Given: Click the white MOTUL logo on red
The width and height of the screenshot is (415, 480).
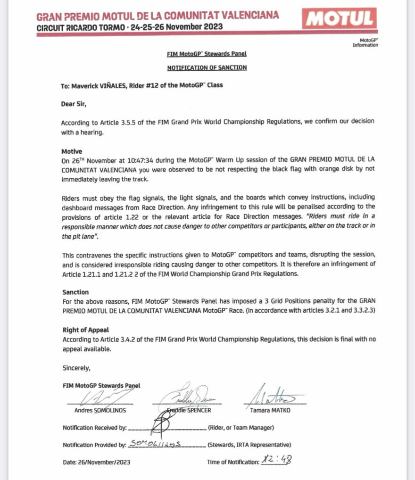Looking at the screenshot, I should (341, 19).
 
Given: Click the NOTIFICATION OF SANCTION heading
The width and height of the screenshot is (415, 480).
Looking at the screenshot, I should (207, 68).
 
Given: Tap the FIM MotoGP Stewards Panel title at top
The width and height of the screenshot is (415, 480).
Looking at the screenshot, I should (207, 54).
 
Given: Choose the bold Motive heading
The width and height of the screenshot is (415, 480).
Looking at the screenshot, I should (72, 152).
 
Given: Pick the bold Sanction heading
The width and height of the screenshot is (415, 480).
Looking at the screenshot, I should (75, 292).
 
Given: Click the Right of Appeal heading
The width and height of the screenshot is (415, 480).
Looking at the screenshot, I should (85, 330).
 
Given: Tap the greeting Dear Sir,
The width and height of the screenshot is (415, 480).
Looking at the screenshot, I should (74, 103).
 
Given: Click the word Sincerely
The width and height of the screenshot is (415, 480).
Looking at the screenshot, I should (76, 367).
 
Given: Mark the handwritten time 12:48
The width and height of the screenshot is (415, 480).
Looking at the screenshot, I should (278, 459).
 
